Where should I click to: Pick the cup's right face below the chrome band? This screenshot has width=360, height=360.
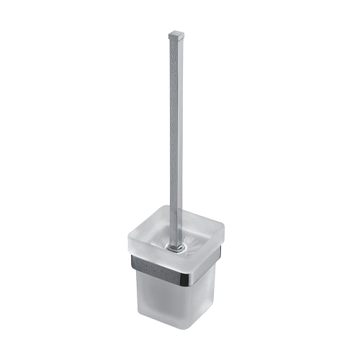coord(204,301)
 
